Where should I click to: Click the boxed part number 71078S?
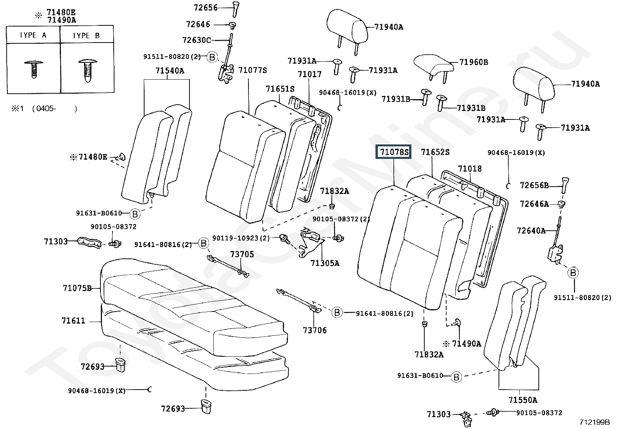coord(393,152)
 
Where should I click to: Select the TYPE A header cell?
coord(33,35)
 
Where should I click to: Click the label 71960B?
coord(473,62)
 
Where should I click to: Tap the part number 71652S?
coord(435,152)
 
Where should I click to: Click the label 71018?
coord(470,169)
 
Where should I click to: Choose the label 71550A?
coord(523,400)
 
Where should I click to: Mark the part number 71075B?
coord(77,288)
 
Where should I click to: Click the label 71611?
coord(73,320)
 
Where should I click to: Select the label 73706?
coord(315,330)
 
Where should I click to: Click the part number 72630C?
coord(196,40)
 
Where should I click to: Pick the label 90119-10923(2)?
coord(241,238)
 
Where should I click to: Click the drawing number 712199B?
coord(594,422)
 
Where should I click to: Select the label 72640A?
coord(531,231)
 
